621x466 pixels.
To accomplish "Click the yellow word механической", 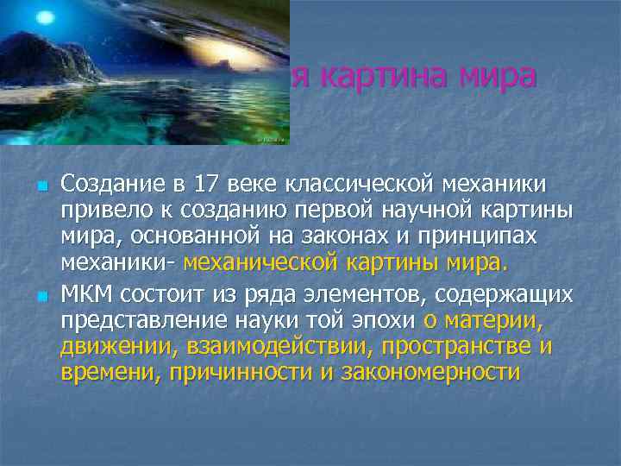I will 259,261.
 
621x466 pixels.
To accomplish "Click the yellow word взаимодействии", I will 254,347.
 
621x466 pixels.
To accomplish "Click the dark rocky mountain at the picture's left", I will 43,60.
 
